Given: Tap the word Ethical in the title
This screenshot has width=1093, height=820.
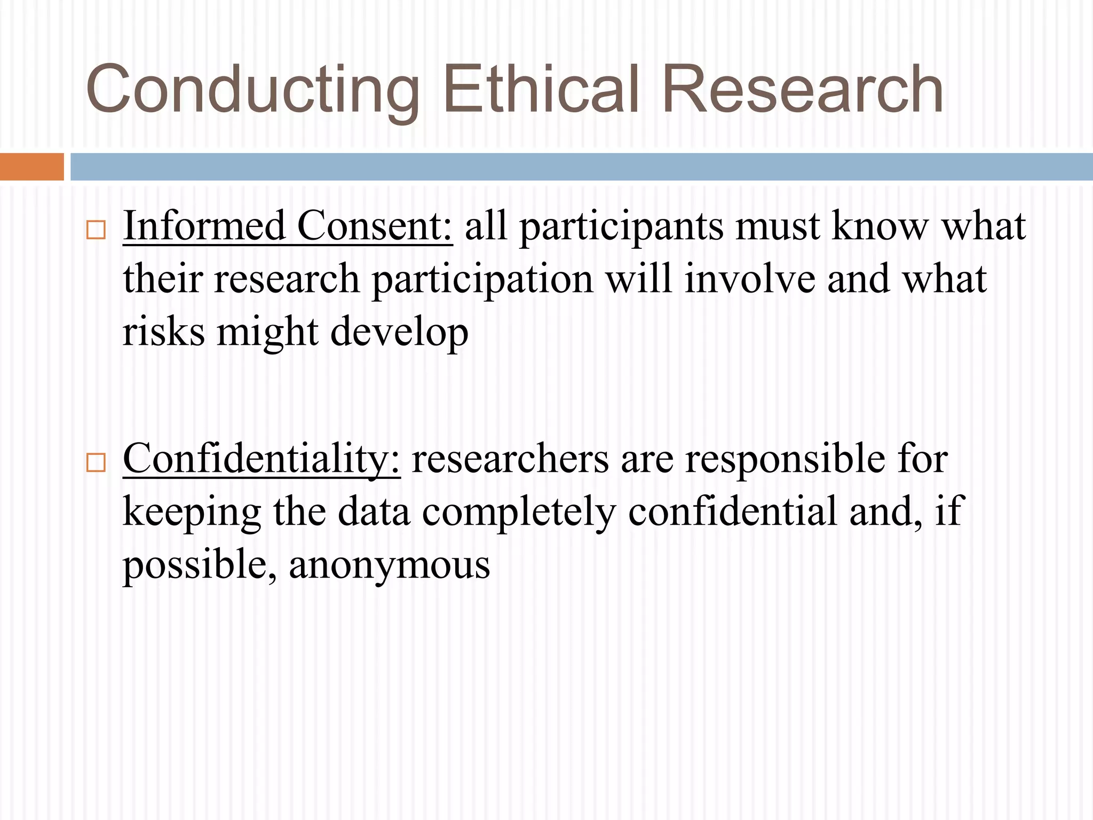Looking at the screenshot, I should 541,90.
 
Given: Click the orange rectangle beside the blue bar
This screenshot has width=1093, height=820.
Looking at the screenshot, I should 31,167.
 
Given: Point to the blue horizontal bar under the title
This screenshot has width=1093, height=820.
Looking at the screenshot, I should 581,167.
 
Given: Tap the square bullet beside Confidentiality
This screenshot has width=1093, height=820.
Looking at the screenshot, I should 96,462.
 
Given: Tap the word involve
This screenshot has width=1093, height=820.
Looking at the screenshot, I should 750,279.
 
